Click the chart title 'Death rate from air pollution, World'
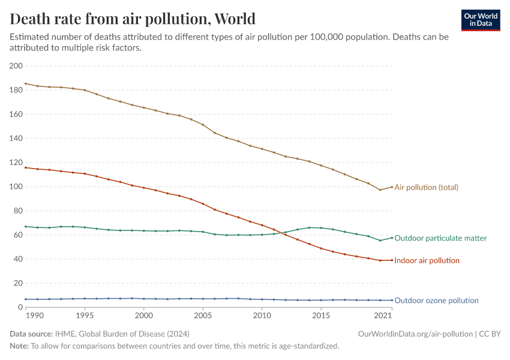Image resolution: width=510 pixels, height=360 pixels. [133, 19]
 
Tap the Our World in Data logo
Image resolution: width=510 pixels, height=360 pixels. [480, 20]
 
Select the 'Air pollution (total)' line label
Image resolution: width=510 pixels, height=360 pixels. [426, 187]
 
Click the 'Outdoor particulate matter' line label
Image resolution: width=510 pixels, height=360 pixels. [440, 238]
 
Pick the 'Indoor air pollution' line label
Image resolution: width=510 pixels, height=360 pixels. [427, 260]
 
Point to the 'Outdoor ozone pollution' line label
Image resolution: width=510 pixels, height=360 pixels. [436, 301]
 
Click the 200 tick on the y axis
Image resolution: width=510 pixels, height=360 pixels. [16, 66]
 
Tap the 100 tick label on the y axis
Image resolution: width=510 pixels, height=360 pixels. [16, 187]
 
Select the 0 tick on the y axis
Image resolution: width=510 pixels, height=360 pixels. [20, 308]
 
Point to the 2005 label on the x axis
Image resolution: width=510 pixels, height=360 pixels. [203, 316]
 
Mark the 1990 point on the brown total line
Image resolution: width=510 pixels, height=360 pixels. [26, 83]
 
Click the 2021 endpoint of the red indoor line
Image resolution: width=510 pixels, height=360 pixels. [392, 260]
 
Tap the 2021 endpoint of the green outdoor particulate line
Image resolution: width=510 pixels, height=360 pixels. [392, 238]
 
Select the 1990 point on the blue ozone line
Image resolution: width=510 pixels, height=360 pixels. [26, 299]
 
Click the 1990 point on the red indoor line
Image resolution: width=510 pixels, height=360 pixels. [26, 167]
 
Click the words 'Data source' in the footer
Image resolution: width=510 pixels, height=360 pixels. [31, 334]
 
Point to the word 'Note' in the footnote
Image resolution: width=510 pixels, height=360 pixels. [19, 346]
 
